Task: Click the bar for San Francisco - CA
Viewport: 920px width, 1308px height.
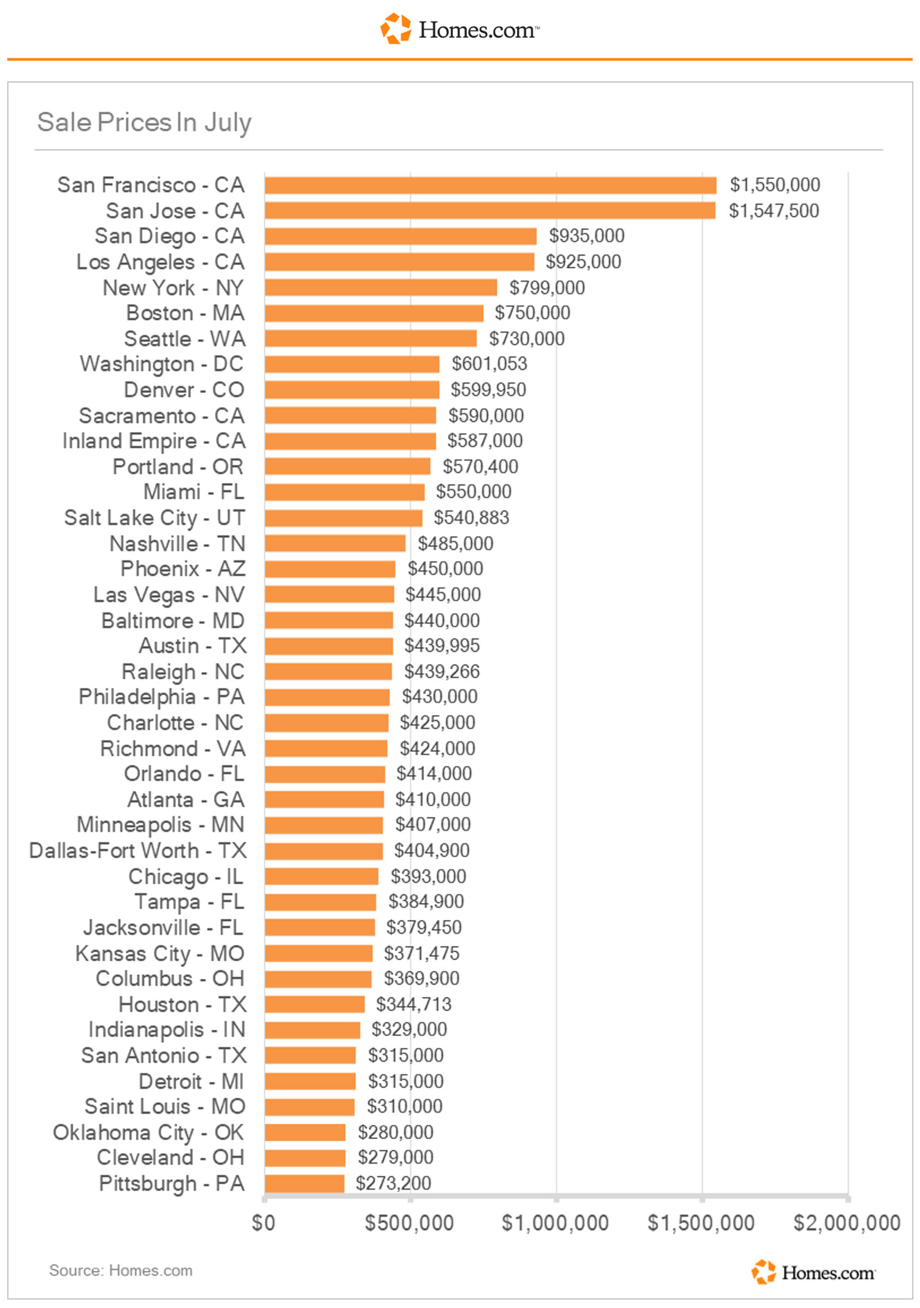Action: tap(491, 185)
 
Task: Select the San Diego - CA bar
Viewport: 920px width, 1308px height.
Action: tap(401, 236)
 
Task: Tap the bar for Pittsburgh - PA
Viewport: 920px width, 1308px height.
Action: tap(304, 1183)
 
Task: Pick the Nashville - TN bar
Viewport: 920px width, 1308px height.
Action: tap(335, 543)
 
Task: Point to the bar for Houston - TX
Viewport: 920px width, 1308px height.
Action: tap(315, 1004)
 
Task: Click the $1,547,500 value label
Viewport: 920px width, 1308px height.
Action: tap(773, 211)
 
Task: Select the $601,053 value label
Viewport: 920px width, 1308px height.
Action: tap(489, 364)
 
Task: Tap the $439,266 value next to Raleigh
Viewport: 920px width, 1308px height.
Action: tap(442, 671)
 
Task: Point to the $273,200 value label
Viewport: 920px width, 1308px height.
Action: tap(393, 1183)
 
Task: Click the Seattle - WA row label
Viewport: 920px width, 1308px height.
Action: tap(185, 339)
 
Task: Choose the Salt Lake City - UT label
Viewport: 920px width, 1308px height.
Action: tap(155, 518)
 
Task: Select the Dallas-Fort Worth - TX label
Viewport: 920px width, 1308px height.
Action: tap(138, 851)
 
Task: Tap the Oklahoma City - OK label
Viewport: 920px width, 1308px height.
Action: tap(148, 1132)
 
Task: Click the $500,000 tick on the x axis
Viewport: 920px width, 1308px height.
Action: tap(409, 1223)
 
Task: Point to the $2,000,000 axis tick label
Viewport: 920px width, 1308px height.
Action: tap(847, 1223)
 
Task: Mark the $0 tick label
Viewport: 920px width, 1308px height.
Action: tap(264, 1223)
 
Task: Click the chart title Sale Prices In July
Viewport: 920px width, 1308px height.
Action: tap(144, 123)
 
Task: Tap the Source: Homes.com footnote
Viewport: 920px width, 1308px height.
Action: tap(121, 1271)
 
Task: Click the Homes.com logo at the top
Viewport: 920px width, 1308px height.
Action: tap(460, 29)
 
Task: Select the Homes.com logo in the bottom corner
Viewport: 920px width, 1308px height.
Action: tap(814, 1272)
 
